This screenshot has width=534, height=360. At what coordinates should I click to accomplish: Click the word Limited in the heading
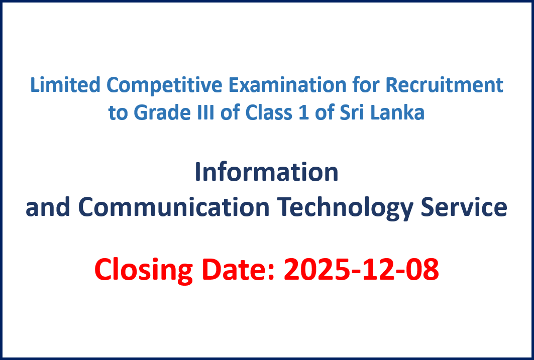click(65, 85)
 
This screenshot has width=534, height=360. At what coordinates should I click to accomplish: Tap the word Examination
click(287, 85)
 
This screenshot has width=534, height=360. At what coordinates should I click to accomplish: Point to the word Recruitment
click(444, 85)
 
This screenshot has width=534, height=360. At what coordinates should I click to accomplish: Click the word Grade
click(162, 112)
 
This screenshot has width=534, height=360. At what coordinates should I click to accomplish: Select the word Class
click(269, 112)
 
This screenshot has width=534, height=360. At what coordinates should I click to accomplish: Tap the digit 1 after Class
click(303, 112)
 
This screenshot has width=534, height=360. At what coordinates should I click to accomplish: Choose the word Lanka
click(397, 112)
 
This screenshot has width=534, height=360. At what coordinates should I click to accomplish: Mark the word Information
click(267, 172)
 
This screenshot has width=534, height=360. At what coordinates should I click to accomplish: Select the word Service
click(464, 207)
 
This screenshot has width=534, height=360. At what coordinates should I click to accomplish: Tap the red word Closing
click(143, 270)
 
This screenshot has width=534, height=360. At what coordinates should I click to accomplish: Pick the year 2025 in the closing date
click(317, 269)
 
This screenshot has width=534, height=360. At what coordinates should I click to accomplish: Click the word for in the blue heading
click(365, 85)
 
